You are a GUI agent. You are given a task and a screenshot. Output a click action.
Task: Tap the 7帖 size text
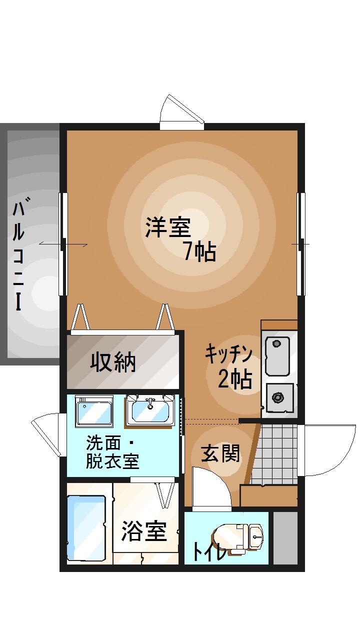(199, 251)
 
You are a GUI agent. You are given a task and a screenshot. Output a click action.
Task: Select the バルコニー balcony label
(18, 255)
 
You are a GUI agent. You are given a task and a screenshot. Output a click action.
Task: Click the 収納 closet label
(113, 362)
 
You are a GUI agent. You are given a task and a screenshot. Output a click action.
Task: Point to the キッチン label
(227, 354)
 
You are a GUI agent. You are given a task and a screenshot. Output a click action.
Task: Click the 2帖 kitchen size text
(234, 380)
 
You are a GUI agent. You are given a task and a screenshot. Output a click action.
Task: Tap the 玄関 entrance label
(220, 454)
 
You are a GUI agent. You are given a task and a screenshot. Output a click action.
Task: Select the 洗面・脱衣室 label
(112, 452)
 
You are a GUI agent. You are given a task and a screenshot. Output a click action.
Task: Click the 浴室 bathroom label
(144, 531)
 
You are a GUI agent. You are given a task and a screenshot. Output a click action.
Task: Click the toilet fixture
(240, 537)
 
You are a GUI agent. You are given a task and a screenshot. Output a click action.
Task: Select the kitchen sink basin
(277, 355)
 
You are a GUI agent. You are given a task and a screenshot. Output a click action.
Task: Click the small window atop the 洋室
(181, 112)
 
